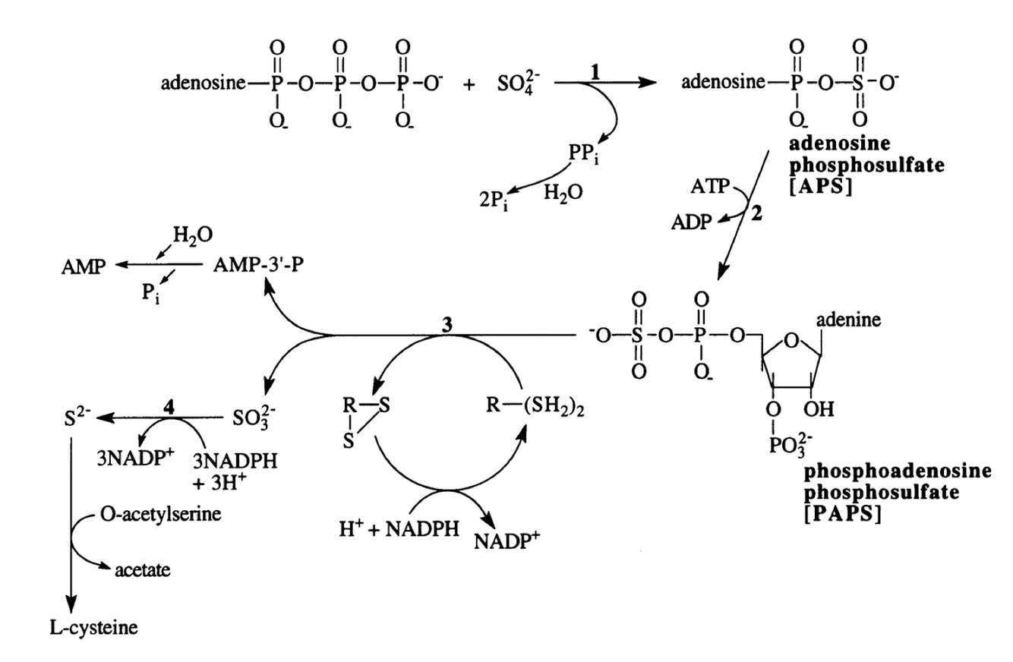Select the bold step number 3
[x=447, y=322]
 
